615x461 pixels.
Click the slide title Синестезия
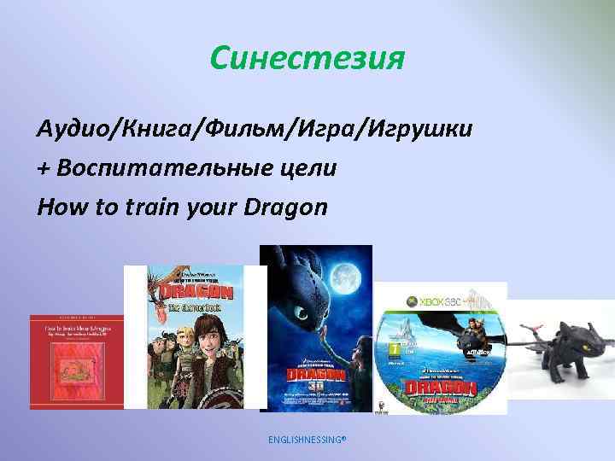[x=307, y=59]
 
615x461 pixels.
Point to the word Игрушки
[x=419, y=129]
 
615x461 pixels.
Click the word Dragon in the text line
[x=285, y=207]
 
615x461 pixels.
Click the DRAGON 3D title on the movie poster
[x=315, y=376]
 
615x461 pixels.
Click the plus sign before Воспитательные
[x=44, y=169]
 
